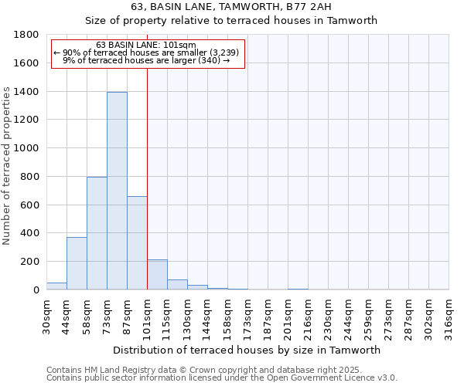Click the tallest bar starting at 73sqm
[x=117, y=191]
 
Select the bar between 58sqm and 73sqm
[x=97, y=233]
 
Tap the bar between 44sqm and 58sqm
[x=77, y=263]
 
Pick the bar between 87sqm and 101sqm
[x=137, y=242]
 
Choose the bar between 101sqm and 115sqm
[x=157, y=275]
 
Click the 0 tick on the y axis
[x=37, y=290]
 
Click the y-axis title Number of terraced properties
[x=7, y=166]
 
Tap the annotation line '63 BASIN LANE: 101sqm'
[x=146, y=45]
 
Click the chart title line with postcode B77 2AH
[x=231, y=6]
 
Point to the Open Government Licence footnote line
[x=222, y=378]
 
